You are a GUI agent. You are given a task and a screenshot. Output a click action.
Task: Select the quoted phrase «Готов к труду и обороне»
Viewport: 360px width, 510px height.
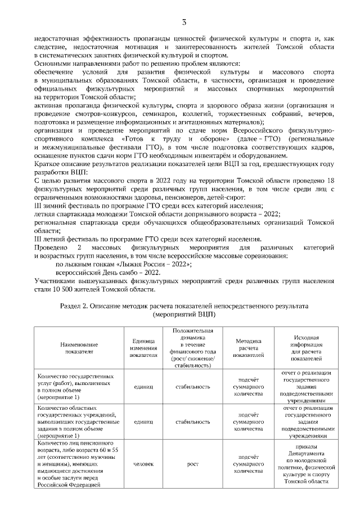(x=163, y=138)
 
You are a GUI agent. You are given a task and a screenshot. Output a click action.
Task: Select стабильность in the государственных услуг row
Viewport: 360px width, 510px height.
(x=192, y=387)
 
